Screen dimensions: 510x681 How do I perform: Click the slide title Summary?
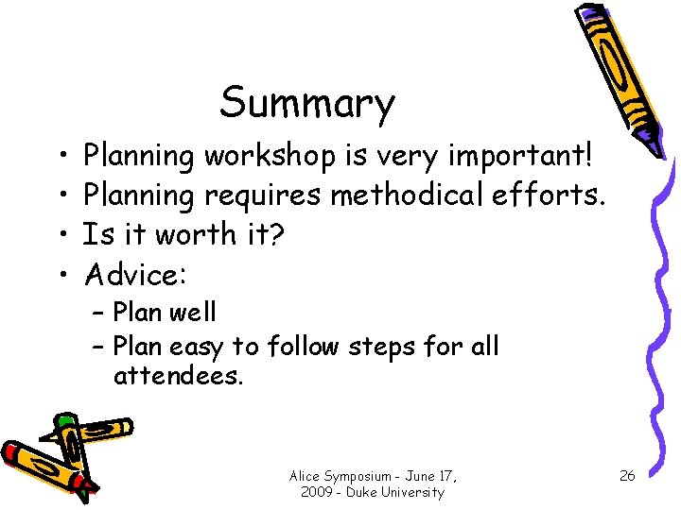pos(307,104)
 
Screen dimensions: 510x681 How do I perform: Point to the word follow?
pos(303,347)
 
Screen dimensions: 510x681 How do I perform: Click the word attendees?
pos(179,377)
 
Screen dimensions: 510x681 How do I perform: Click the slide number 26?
pos(627,475)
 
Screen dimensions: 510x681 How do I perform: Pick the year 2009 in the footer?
pos(316,493)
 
